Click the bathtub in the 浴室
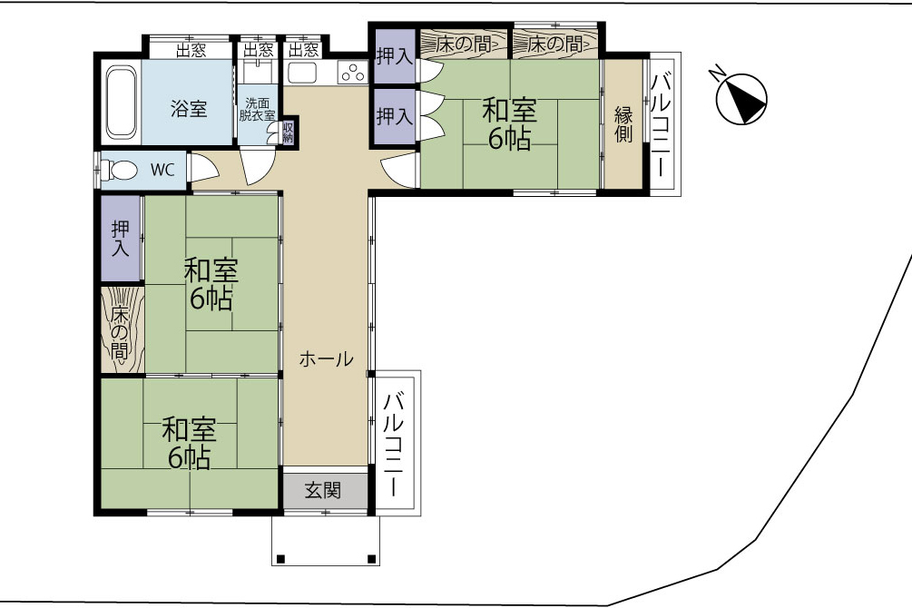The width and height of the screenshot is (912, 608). (121, 102)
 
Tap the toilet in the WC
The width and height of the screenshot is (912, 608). (119, 171)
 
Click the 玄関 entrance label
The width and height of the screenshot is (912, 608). (323, 490)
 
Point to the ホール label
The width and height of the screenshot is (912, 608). (326, 358)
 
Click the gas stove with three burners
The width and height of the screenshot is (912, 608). (353, 73)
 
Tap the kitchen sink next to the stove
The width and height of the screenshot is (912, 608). (302, 74)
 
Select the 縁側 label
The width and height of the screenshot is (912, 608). (623, 124)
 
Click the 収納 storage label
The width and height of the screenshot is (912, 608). (288, 132)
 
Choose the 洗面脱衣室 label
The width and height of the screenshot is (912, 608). (257, 109)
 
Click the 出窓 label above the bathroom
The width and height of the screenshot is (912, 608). (191, 50)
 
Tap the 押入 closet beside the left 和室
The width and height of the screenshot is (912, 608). (121, 239)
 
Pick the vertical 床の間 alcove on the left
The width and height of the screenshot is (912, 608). (122, 330)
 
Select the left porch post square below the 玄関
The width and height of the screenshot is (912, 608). (280, 559)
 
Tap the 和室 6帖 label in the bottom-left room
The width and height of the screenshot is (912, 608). (189, 443)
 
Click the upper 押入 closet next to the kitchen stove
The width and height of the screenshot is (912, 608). (395, 56)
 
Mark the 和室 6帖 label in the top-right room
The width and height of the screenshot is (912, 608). (509, 124)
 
